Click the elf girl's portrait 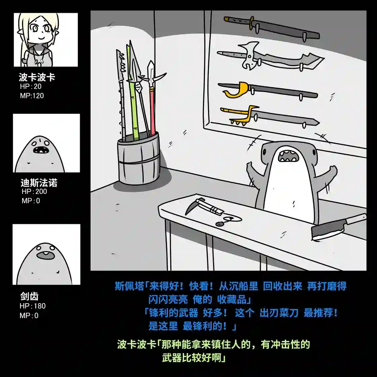point(45,40)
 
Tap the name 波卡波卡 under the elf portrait point(37,77)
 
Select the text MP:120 point(32,96)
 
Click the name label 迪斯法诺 point(39,183)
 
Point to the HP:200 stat point(34,192)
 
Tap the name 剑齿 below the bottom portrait point(29,296)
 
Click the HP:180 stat point(32,306)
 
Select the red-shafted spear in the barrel point(152,111)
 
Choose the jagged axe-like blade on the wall point(269,58)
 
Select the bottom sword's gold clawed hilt point(240,115)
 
